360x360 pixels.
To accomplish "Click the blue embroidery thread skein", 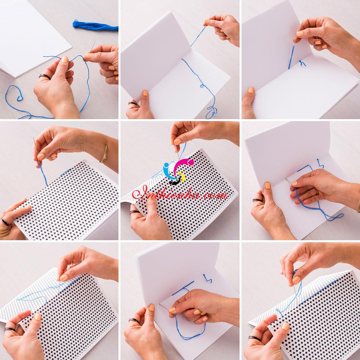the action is [95, 26].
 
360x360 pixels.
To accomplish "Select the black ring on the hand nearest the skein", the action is [45, 77].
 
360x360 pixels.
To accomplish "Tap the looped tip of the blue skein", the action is [75, 24].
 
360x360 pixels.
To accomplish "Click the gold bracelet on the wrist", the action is [104, 154].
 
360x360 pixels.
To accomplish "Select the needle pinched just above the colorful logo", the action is [177, 152].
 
